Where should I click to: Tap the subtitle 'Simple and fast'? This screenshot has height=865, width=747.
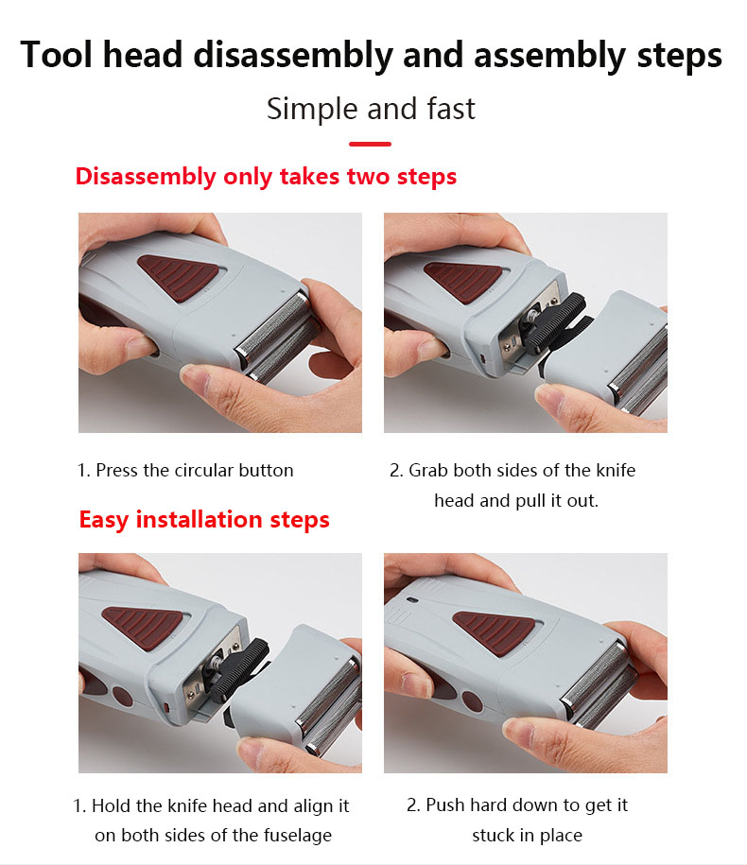point(371,109)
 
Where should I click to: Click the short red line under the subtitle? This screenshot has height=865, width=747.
point(370,144)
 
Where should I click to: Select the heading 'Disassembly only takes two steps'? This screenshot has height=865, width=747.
point(266,177)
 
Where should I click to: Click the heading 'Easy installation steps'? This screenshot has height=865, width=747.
point(204,519)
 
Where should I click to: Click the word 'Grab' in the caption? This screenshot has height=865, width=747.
point(430,470)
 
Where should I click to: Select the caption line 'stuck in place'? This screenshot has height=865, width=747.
point(527,835)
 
